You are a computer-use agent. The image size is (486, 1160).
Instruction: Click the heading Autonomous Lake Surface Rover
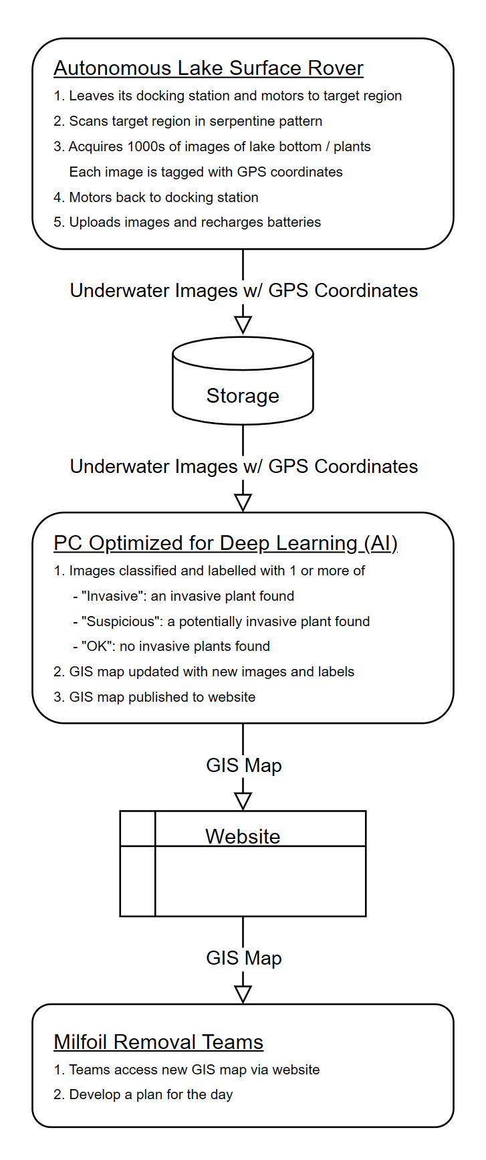(x=208, y=68)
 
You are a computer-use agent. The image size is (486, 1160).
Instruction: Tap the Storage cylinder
(x=243, y=388)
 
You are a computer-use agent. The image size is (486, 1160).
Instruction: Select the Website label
(x=243, y=836)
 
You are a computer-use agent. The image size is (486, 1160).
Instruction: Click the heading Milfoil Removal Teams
(x=158, y=1042)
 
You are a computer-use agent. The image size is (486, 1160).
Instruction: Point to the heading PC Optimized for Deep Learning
(x=225, y=543)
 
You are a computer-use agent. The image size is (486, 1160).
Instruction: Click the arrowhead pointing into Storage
(x=243, y=324)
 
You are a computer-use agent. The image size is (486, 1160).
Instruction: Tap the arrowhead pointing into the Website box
(x=243, y=801)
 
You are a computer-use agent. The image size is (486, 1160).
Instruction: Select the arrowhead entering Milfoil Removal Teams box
(x=243, y=994)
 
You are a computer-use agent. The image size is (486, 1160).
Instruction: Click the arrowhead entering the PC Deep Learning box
(x=243, y=502)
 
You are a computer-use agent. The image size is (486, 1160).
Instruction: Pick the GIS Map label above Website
(x=243, y=765)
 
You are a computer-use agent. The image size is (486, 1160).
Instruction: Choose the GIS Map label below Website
(x=243, y=958)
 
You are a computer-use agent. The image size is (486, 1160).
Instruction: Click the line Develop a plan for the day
(x=150, y=1094)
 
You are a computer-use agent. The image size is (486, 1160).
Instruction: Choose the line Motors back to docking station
(x=163, y=197)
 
